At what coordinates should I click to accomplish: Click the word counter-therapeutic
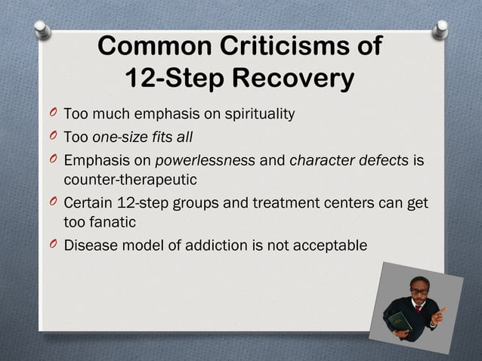click(130, 180)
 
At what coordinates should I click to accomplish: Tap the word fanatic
click(113, 224)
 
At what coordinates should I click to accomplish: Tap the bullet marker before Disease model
click(52, 245)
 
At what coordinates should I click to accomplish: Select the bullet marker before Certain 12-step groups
click(52, 205)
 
